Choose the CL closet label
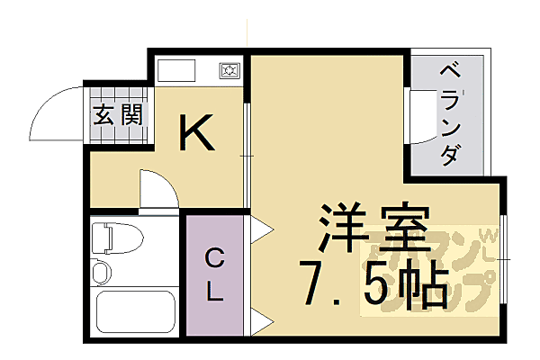coord(213,274)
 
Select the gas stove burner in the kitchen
coord(229,70)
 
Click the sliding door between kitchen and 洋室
coord(246,157)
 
